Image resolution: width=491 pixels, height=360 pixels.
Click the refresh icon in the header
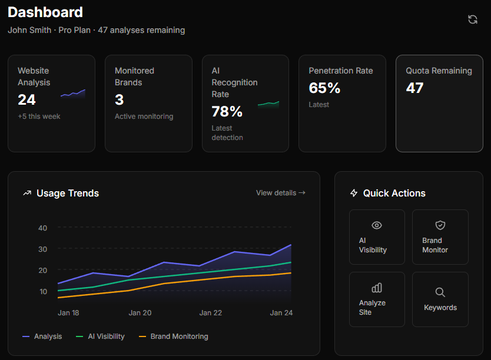(x=472, y=19)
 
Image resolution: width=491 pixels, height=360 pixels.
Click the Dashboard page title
(x=45, y=12)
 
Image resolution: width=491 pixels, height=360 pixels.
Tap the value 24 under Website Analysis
(x=27, y=99)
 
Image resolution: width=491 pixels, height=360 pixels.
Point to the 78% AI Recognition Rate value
(x=227, y=111)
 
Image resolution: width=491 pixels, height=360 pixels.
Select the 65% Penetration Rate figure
(x=324, y=88)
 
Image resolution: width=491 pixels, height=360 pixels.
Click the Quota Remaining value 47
(x=415, y=88)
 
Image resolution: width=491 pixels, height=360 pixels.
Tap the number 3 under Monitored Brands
(x=119, y=99)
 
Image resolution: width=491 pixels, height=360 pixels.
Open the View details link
(x=280, y=192)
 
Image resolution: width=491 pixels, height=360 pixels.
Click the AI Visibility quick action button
(x=377, y=237)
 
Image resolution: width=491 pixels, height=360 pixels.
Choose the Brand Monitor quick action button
(x=440, y=237)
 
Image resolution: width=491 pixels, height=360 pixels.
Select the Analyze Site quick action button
(x=377, y=299)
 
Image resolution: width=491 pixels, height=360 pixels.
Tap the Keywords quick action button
(x=440, y=299)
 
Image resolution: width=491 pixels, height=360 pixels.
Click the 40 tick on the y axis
(x=42, y=228)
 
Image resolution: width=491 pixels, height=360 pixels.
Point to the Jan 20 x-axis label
(x=140, y=313)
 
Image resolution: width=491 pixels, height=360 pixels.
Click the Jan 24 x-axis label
(x=281, y=313)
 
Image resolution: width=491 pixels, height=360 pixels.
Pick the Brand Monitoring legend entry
(x=174, y=336)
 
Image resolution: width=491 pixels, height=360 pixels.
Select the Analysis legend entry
(x=42, y=336)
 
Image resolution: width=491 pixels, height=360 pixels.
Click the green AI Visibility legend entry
(x=101, y=336)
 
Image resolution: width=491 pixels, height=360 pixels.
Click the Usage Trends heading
(x=67, y=193)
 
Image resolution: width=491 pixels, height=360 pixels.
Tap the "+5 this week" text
(x=39, y=116)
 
